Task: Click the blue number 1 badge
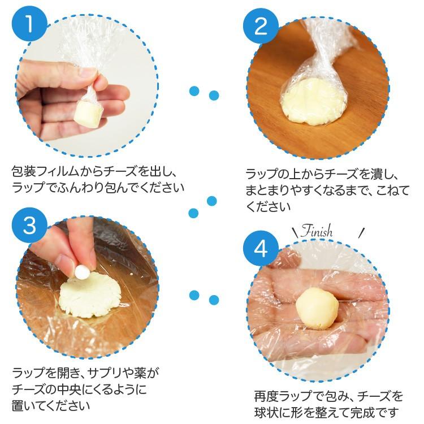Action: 29,24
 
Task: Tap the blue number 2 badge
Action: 261,26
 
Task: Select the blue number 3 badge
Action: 29,225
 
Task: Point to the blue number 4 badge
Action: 261,248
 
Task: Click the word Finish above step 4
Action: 317,231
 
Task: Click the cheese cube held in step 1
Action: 88,114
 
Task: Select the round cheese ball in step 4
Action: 317,309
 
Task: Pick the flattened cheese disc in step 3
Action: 89,295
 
